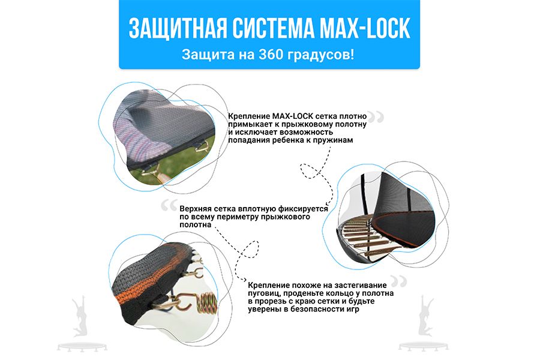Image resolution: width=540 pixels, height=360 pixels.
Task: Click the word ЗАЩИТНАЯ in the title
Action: [178, 28]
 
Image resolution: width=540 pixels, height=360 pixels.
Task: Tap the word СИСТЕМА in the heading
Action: [274, 28]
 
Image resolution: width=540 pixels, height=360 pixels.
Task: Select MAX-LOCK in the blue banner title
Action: [365, 28]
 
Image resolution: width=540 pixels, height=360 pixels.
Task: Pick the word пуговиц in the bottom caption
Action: [263, 293]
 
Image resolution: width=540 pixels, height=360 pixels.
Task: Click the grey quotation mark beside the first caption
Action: [376, 118]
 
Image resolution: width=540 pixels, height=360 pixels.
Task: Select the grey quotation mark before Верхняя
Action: [169, 206]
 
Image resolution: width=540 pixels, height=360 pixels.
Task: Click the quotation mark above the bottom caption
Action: [399, 281]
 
